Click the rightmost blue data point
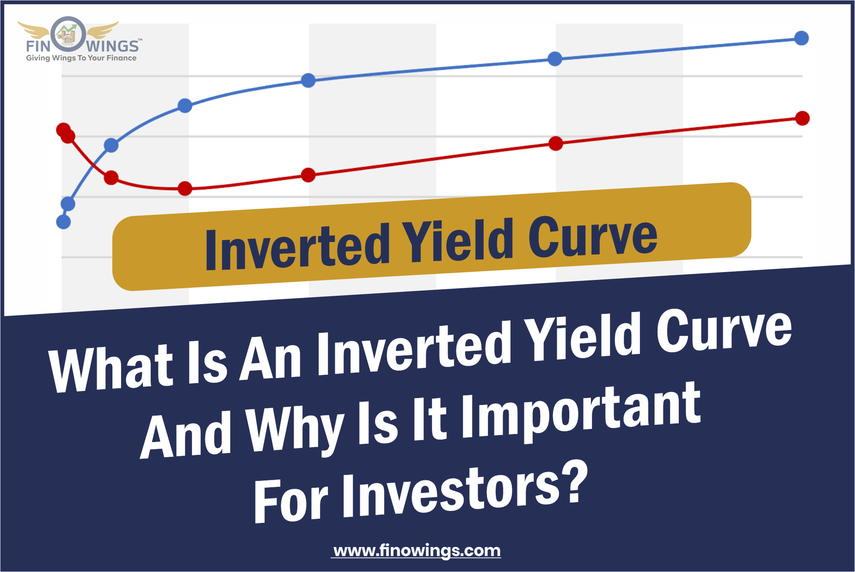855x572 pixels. click(x=801, y=38)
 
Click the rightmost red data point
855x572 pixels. click(x=802, y=118)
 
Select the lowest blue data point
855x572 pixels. click(x=63, y=222)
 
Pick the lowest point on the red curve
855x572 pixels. click(x=185, y=188)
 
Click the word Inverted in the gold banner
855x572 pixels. click(x=297, y=246)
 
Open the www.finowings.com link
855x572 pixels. click(x=417, y=551)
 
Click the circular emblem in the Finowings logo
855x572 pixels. click(x=68, y=34)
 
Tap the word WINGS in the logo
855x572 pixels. click(x=112, y=46)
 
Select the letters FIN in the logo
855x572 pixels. click(x=38, y=46)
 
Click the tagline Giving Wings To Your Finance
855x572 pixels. click(x=81, y=58)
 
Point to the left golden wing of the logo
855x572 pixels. click(x=33, y=30)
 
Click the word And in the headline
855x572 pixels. click(x=186, y=435)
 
